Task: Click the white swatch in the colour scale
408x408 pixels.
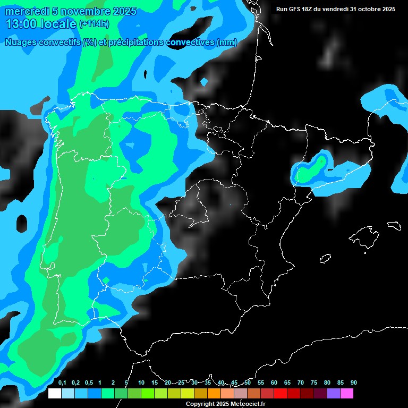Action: point(54,393)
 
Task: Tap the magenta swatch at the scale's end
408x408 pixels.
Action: point(347,393)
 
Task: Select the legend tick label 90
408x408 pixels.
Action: point(353,382)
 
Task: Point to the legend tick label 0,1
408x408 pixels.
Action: point(62,382)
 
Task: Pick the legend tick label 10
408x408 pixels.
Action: point(141,382)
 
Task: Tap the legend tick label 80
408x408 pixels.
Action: point(327,382)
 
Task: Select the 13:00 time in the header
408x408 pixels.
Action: point(21,24)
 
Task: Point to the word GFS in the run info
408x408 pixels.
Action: point(300,9)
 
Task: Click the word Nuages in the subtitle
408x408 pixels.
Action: point(20,42)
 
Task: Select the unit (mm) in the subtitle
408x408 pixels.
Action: point(227,42)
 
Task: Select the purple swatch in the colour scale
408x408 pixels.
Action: point(333,393)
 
